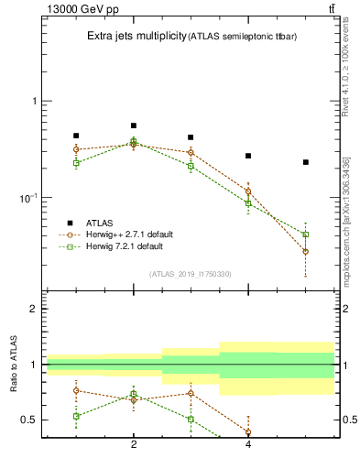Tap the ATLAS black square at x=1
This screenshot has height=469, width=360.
pyautogui.click(x=76, y=136)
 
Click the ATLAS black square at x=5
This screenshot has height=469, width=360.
pyautogui.click(x=306, y=162)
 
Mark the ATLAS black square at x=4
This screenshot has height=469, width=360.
pyautogui.click(x=248, y=156)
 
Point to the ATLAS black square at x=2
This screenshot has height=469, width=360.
pyautogui.click(x=134, y=125)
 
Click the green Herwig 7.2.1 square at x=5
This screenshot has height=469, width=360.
pyautogui.click(x=306, y=234)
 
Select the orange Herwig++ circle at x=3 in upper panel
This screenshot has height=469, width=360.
pyautogui.click(x=191, y=152)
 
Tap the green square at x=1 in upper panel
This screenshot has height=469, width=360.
pyautogui.click(x=76, y=163)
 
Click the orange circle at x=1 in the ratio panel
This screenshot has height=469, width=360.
pyautogui.click(x=76, y=390)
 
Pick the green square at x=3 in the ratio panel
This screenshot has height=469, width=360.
pyautogui.click(x=191, y=419)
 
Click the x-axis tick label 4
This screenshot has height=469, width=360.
pyautogui.click(x=248, y=444)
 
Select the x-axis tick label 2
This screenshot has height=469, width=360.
pyautogui.click(x=134, y=444)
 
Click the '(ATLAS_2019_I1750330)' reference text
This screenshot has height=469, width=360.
pyautogui.click(x=191, y=274)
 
